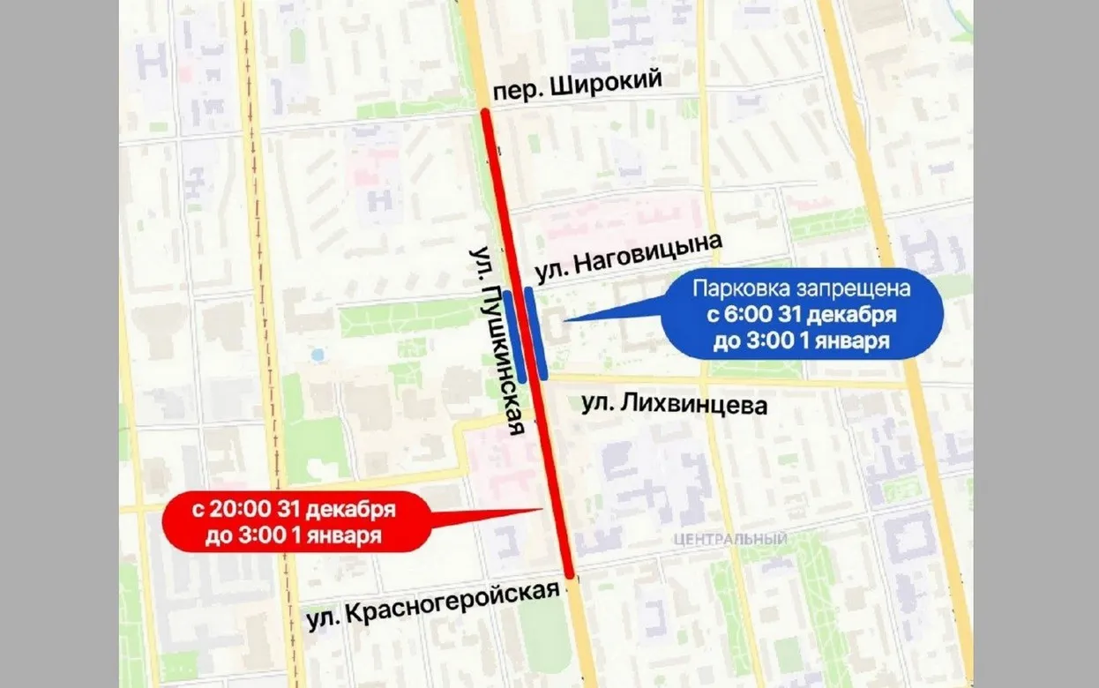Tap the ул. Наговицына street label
pyautogui.click(x=628, y=258)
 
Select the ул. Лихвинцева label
pyautogui.click(x=675, y=405)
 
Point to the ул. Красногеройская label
pyautogui.click(x=433, y=605)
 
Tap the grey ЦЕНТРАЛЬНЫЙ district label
pyautogui.click(x=729, y=539)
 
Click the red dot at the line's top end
pyautogui.click(x=484, y=111)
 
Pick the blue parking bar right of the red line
pyautogui.click(x=536, y=333)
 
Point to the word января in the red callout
pyautogui.click(x=344, y=536)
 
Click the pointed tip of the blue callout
pyautogui.click(x=564, y=319)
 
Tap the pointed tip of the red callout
pyautogui.click(x=542, y=509)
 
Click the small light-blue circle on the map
pyautogui.click(x=318, y=355)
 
